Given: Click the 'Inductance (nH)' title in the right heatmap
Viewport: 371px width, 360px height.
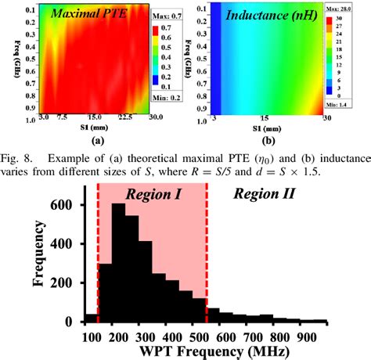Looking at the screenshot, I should (265, 15).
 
